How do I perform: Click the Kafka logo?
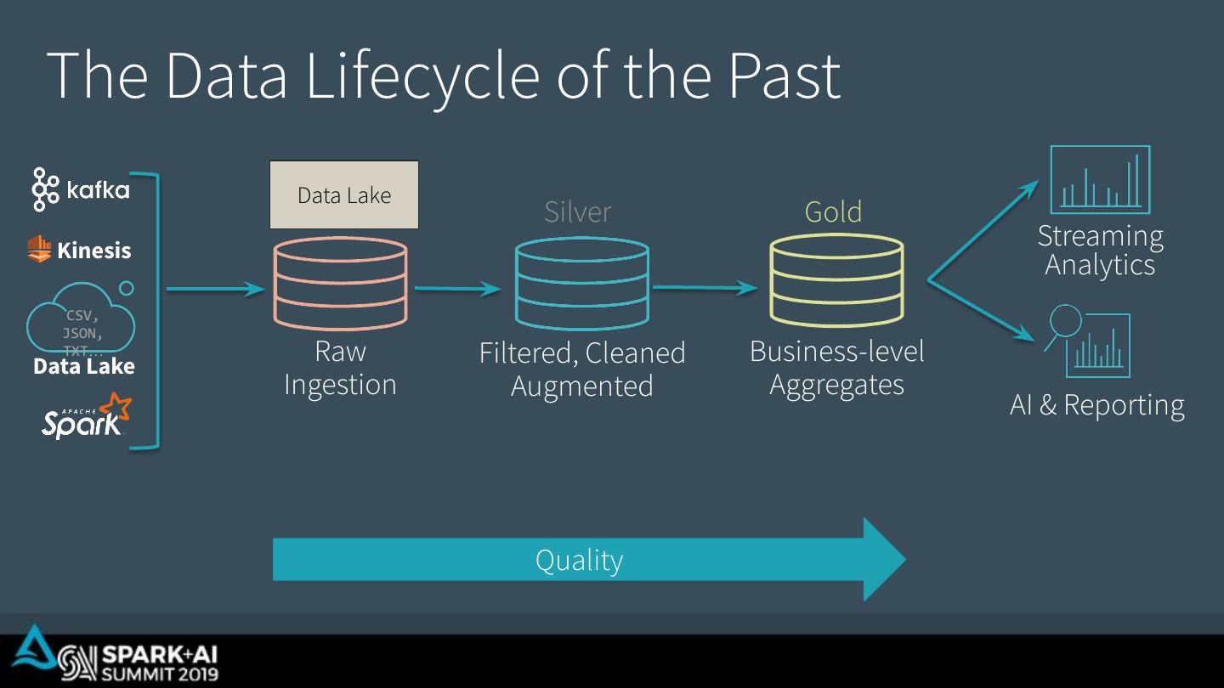(x=81, y=189)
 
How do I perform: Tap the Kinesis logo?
(x=79, y=250)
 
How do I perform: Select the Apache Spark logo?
(x=86, y=416)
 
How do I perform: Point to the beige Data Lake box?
(x=343, y=195)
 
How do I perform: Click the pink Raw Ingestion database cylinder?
(x=340, y=282)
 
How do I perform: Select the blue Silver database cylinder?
(x=581, y=284)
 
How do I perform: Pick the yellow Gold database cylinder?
(x=836, y=281)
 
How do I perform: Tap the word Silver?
(x=577, y=211)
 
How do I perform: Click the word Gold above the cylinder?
(x=833, y=211)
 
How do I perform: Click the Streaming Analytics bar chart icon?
(x=1100, y=179)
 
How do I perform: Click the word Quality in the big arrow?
(x=579, y=561)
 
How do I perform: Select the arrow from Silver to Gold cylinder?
(x=704, y=288)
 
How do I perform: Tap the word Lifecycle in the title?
(x=422, y=76)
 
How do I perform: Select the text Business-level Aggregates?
(x=836, y=368)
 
